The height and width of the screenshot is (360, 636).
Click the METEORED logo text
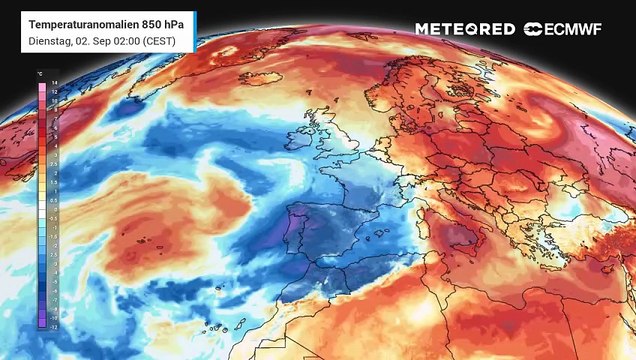(465, 29)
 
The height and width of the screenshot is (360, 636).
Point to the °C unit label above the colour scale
(39, 73)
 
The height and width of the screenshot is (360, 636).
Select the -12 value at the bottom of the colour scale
(41, 325)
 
